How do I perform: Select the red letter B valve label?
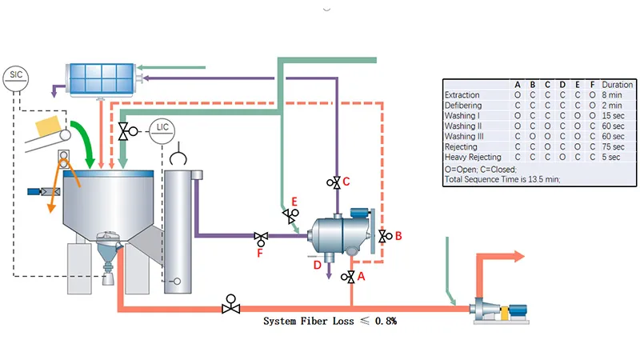pyautogui.click(x=398, y=235)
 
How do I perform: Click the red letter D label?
pyautogui.click(x=317, y=264)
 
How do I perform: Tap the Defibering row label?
pyautogui.click(x=463, y=106)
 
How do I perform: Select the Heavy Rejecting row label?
pyautogui.click(x=473, y=158)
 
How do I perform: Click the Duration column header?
pyautogui.click(x=617, y=85)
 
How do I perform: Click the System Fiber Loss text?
pyautogui.click(x=330, y=321)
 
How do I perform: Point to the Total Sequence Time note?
pyautogui.click(x=502, y=179)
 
